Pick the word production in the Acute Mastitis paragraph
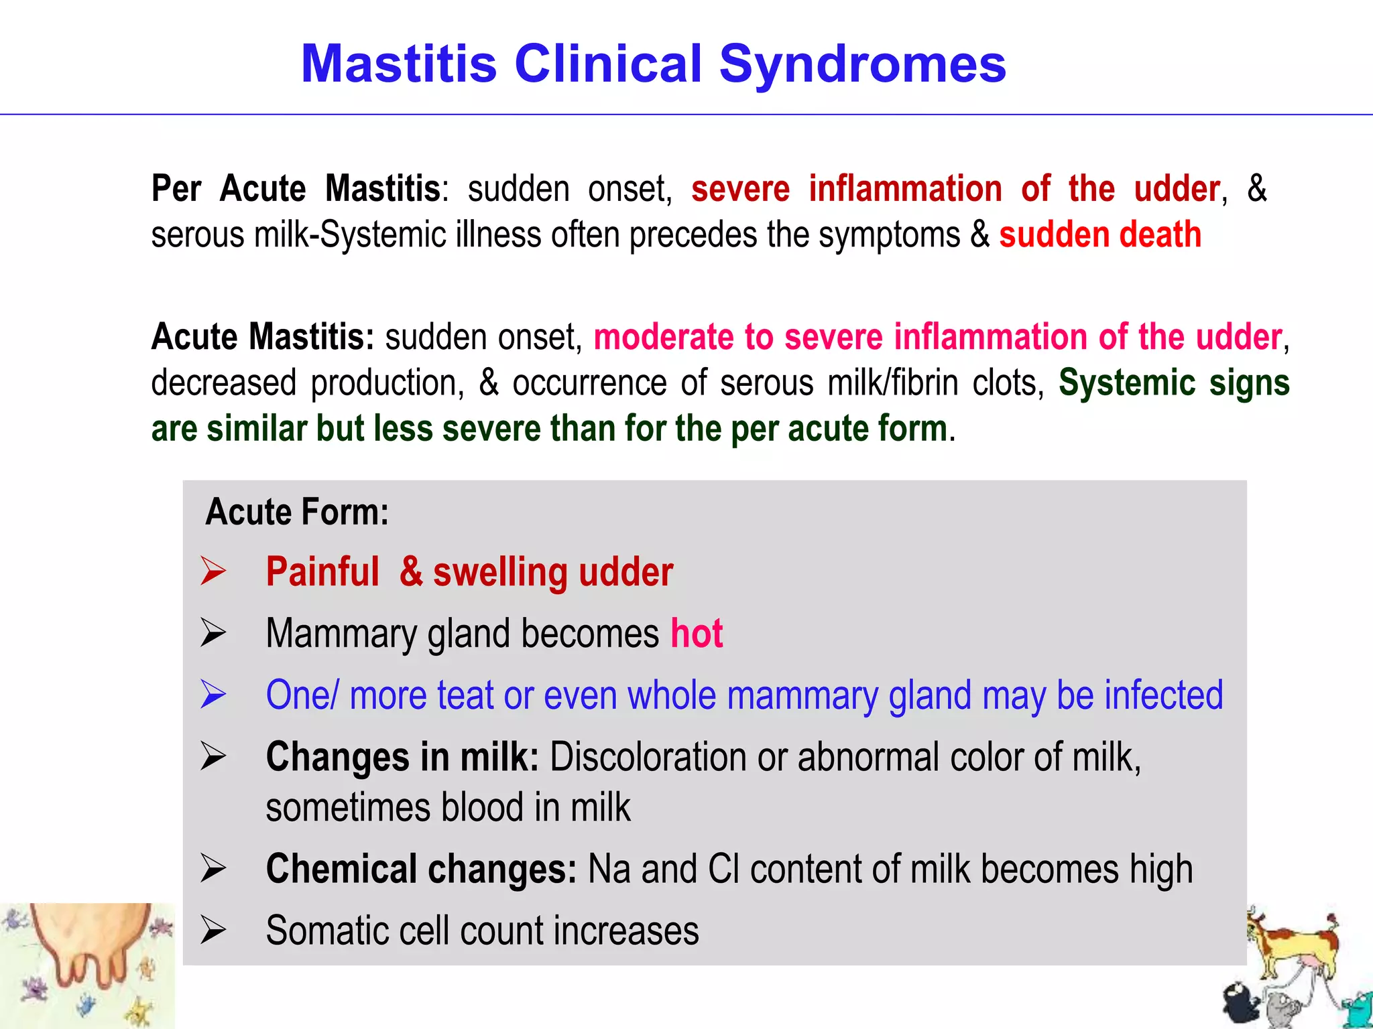[x=387, y=383]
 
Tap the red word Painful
[x=322, y=573]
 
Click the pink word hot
[x=697, y=634]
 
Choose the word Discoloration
[x=648, y=758]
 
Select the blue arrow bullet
[x=214, y=695]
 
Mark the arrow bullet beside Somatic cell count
[x=214, y=931]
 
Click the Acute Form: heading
[x=297, y=512]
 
